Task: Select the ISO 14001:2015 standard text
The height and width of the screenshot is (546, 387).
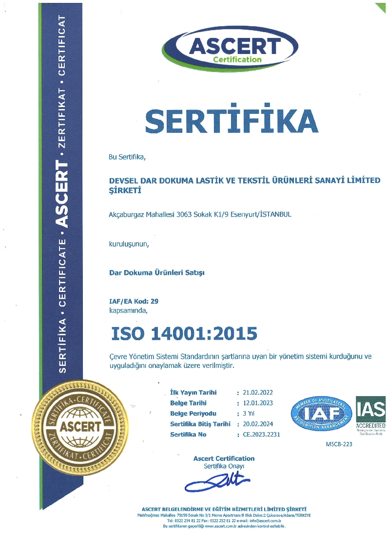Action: pyautogui.click(x=184, y=333)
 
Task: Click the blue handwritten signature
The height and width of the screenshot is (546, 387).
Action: pyautogui.click(x=217, y=482)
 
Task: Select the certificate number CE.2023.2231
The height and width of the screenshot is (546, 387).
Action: pyautogui.click(x=261, y=435)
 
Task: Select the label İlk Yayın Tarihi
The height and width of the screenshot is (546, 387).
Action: pyautogui.click(x=193, y=393)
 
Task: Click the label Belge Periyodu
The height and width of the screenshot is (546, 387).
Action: pyautogui.click(x=193, y=414)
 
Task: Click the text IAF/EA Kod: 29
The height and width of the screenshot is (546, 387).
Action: pyautogui.click(x=133, y=301)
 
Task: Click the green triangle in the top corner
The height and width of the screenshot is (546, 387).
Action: pyautogui.click(x=380, y=7)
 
